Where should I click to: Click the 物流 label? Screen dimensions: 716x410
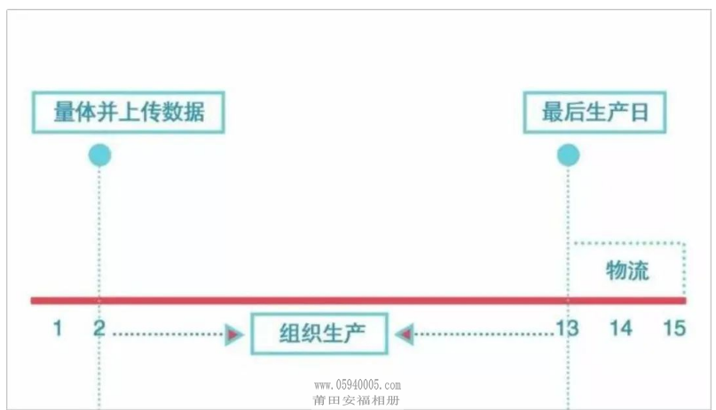(x=627, y=271)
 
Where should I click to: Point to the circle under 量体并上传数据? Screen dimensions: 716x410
(x=99, y=155)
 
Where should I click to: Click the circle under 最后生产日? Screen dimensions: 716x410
(x=568, y=155)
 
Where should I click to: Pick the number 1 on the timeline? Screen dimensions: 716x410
(x=58, y=327)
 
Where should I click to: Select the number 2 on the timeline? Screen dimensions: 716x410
(x=99, y=327)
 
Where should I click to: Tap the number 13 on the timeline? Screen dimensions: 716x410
(x=567, y=327)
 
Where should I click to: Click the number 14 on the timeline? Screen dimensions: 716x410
(x=621, y=327)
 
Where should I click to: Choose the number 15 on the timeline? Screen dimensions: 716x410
(x=674, y=327)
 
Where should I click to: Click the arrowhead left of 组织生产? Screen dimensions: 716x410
(x=234, y=335)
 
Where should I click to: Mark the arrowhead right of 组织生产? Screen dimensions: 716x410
(x=405, y=335)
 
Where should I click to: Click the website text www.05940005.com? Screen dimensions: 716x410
(x=358, y=385)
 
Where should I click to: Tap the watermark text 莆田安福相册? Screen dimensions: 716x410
(x=356, y=400)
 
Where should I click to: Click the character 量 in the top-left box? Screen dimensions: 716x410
(x=64, y=113)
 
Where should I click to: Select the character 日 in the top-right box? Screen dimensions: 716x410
(x=640, y=113)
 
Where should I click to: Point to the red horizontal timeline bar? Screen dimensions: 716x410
(x=358, y=301)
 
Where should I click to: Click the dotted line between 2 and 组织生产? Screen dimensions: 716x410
(x=168, y=335)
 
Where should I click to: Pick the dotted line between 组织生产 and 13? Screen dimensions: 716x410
(x=484, y=335)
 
